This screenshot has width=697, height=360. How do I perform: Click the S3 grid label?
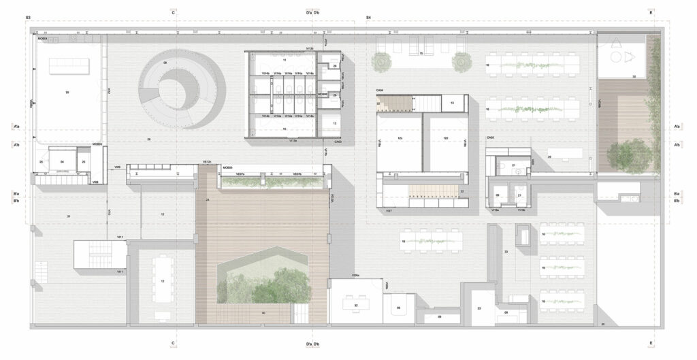point(28,16)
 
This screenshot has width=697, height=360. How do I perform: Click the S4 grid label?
point(368,16)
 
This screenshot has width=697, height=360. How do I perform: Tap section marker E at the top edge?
point(651,12)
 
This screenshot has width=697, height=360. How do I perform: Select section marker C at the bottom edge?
point(174,344)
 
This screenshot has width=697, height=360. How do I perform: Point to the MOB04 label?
point(42,39)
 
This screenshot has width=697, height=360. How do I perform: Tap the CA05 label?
point(490,138)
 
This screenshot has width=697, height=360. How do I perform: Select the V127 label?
point(388,212)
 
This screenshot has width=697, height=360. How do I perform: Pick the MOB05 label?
point(228,167)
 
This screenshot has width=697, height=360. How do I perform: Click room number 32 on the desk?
point(357,306)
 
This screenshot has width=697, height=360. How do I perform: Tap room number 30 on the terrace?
point(634,77)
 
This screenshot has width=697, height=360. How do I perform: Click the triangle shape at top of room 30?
point(617,42)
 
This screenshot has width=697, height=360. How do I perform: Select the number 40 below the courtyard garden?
point(263,312)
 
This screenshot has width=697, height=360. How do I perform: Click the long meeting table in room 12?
point(162,278)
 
